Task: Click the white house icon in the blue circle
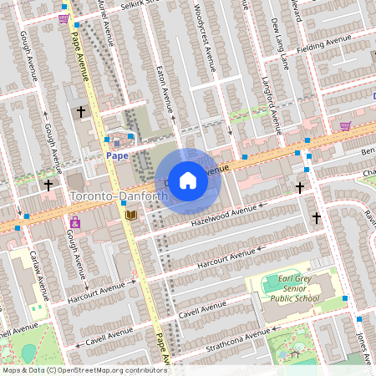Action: coord(188,180)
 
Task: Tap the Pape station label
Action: coord(116,155)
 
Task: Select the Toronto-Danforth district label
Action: coord(119,196)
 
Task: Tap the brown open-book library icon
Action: coord(130,216)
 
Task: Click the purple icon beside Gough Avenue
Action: coord(75,222)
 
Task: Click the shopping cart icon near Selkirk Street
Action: coord(64,18)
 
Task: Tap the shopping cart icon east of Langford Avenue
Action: coord(345,126)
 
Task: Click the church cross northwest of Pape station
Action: coord(81,111)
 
